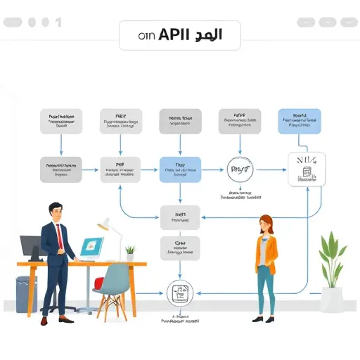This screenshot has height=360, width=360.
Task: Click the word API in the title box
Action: pos(176,35)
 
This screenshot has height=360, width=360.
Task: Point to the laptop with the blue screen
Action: pos(92,247)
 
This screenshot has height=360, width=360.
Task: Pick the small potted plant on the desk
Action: pos(130,252)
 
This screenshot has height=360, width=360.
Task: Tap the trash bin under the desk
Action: pos(27,293)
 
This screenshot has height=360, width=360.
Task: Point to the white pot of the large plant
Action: pos(332,298)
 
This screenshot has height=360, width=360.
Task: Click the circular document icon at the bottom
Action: pos(179,292)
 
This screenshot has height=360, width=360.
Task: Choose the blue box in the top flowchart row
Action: pos(300,121)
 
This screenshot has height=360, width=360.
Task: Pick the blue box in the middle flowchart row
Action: pos(181,169)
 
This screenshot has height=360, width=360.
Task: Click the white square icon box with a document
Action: pos(307,169)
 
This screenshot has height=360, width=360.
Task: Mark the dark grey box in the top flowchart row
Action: pos(181,121)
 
